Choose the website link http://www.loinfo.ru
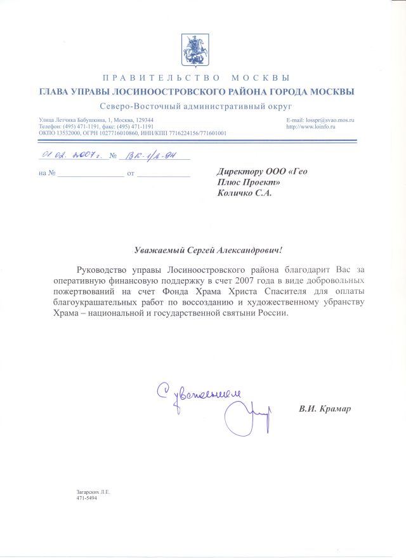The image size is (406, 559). click(311, 127)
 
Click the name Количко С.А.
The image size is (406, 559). click(244, 194)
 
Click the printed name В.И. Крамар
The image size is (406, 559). click(325, 408)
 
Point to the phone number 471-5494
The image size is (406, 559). click(82, 498)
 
